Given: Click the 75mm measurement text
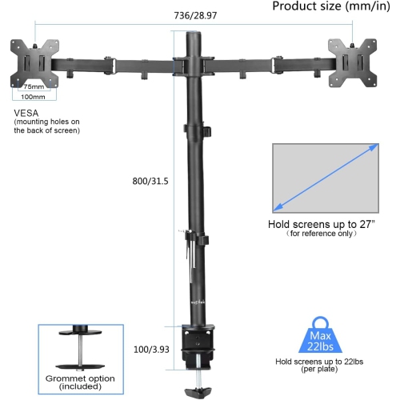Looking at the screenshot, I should (34, 86).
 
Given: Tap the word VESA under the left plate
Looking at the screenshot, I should (25, 113).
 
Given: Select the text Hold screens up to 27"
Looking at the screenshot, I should (320, 224).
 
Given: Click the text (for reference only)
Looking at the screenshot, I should (320, 234).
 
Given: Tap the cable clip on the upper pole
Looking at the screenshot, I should (204, 130).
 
